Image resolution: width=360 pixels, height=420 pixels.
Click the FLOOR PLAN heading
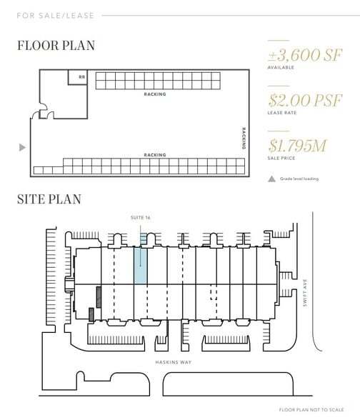point(56,46)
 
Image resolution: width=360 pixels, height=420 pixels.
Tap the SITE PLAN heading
point(49,199)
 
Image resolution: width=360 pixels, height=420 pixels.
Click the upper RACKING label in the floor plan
point(154,94)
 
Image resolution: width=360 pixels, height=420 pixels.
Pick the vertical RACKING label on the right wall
point(243,138)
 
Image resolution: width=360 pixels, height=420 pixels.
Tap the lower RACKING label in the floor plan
point(154,155)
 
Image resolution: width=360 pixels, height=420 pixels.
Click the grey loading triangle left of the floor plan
point(22,148)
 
